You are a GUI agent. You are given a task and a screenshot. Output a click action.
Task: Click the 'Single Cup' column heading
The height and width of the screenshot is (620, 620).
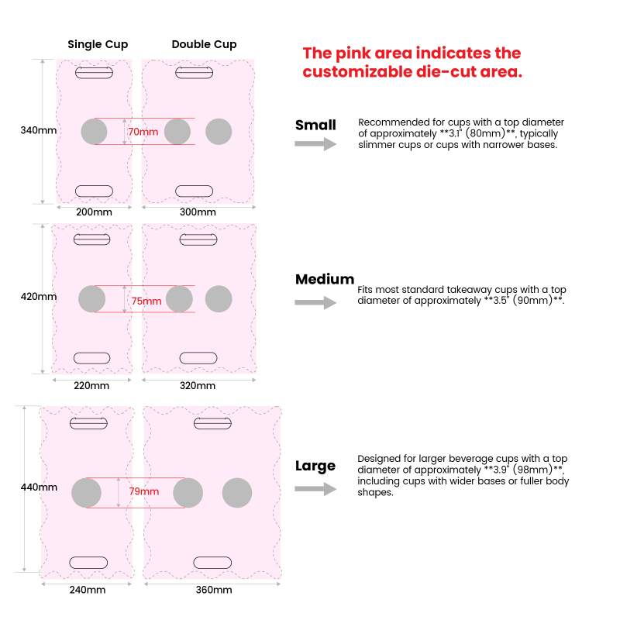coord(98,44)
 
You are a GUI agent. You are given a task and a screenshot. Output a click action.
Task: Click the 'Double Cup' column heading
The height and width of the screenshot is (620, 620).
coord(204,44)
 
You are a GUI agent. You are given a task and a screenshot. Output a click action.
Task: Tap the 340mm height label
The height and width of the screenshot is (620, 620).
coord(38,130)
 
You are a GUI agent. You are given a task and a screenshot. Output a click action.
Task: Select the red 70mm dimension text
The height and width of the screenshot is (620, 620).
coord(143,132)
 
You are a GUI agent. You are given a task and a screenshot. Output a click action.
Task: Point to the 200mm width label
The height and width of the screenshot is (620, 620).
coord(94,212)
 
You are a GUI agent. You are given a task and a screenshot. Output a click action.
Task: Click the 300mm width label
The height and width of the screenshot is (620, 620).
coord(198,212)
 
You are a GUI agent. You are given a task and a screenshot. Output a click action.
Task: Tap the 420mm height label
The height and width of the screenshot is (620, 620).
coord(38,296)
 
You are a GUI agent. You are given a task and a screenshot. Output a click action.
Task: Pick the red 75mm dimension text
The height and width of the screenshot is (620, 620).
coord(146,301)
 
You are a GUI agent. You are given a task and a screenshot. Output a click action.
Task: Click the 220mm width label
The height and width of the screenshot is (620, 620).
coord(91,385)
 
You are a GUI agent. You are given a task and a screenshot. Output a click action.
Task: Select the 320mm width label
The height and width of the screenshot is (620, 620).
coord(198,385)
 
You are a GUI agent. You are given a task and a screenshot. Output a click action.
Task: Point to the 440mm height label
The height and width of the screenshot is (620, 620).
coord(39,487)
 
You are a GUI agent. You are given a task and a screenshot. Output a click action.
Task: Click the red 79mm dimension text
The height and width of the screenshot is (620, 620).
coord(144,491)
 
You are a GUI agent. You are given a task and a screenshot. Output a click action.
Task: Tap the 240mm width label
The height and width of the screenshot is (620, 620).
coord(88,590)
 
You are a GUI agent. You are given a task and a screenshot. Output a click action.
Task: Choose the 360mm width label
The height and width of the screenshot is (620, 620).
coord(214,590)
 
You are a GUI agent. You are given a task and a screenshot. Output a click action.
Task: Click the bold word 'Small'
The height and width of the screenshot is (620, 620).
coord(315,125)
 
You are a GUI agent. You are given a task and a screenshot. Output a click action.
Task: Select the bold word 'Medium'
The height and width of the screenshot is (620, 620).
coord(325,279)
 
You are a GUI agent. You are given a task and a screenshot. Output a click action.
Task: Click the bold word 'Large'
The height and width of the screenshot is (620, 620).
coord(315,467)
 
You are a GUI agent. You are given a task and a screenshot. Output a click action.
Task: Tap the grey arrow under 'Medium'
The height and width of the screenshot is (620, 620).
coord(315,302)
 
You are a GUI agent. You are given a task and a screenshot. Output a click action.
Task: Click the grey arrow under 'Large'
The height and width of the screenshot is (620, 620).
coord(315,489)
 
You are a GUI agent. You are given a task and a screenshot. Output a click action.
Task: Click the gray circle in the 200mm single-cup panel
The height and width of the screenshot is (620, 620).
coord(94,132)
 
